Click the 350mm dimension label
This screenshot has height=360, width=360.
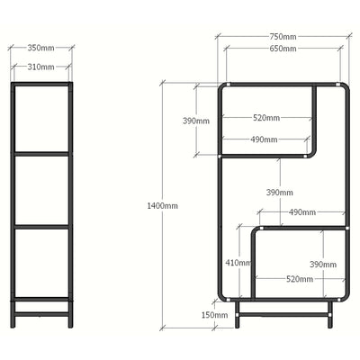[x=41, y=48]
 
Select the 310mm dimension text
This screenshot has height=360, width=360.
[x=41, y=67]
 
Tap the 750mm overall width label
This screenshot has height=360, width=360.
[x=283, y=37]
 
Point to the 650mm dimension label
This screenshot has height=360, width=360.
[x=283, y=49]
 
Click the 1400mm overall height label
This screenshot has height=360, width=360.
[x=162, y=206]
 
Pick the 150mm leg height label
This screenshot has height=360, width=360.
[x=214, y=315]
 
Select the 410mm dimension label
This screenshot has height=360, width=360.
[x=238, y=263]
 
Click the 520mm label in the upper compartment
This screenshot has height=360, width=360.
[x=266, y=118]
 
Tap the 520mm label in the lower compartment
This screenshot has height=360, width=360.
[x=300, y=279]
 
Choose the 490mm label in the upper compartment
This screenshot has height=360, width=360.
[x=264, y=139]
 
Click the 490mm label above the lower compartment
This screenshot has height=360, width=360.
[x=302, y=212]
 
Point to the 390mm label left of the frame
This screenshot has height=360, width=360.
[x=196, y=121]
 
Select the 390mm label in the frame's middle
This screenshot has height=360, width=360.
[x=280, y=193]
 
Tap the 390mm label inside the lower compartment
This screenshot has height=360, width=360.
[x=323, y=265]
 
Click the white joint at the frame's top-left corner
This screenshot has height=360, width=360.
[x=229, y=85]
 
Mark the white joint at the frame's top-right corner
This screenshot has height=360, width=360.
[x=338, y=85]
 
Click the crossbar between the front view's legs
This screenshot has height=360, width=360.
[x=283, y=315]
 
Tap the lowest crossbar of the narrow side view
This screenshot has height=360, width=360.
[x=42, y=314]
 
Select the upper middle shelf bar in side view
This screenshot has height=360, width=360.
[x=42, y=154]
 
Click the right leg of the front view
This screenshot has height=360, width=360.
[x=330, y=314]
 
